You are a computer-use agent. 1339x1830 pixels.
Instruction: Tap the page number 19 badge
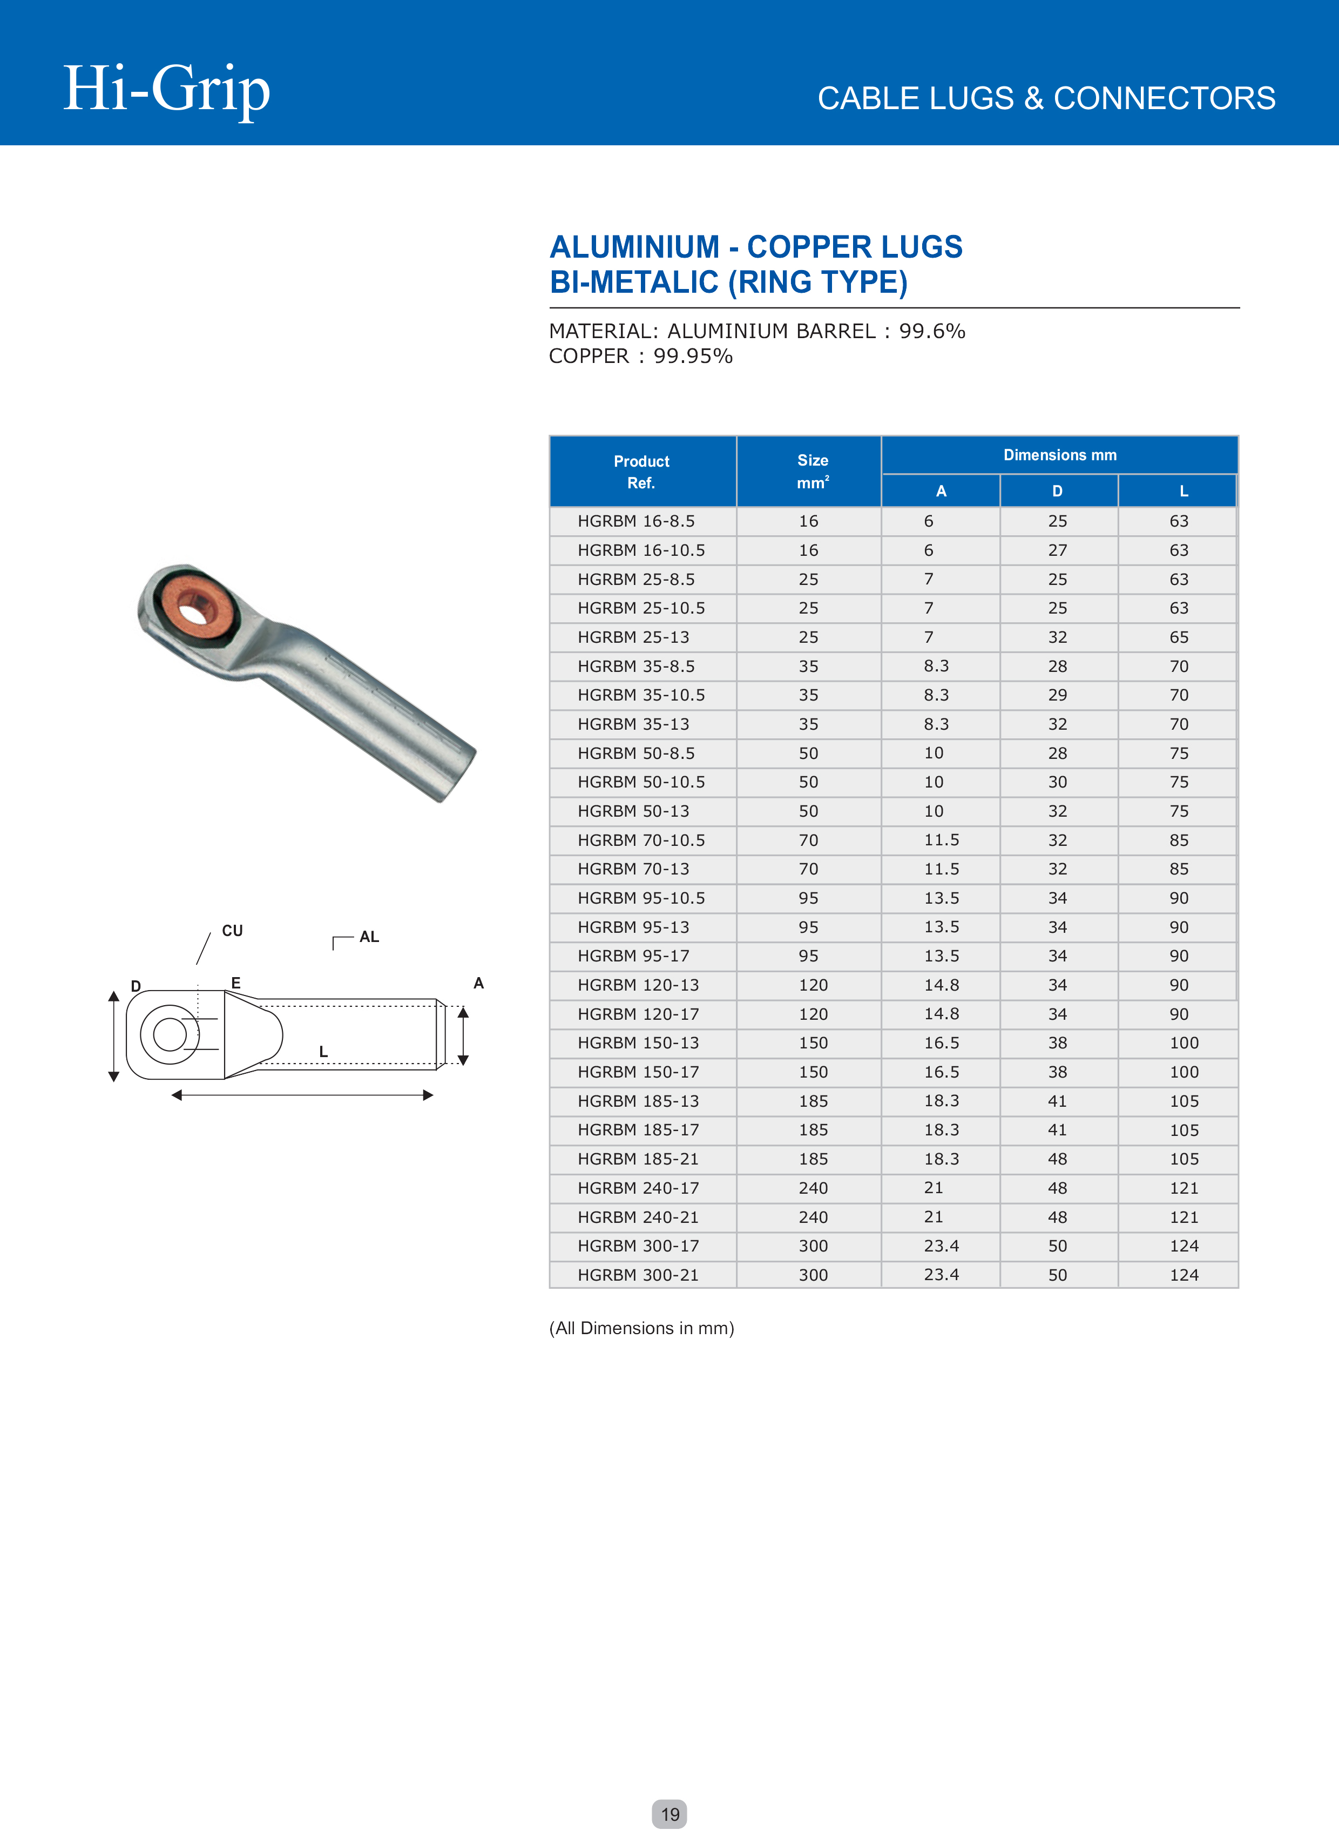[x=669, y=1814]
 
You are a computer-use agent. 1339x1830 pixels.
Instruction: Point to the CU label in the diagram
[x=233, y=931]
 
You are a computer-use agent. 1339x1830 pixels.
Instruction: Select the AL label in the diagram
[x=369, y=937]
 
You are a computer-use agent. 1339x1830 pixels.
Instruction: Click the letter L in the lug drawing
[x=323, y=1052]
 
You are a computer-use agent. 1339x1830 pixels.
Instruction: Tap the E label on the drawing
[x=236, y=983]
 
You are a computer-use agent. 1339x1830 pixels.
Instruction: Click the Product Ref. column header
[x=642, y=472]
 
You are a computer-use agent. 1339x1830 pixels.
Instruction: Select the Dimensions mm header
[x=1059, y=455]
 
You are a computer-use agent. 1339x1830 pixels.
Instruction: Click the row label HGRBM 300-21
[x=638, y=1275]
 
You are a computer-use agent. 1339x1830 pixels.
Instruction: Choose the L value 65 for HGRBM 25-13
[x=1179, y=637]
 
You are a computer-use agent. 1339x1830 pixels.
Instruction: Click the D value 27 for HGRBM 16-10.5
[x=1057, y=550]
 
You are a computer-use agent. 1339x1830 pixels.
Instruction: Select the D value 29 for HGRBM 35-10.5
[x=1057, y=695]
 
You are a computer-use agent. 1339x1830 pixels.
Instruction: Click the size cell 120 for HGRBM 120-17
[x=813, y=1014]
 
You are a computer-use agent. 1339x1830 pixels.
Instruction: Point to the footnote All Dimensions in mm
[x=641, y=1328]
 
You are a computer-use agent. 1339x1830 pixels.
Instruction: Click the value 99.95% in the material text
[x=693, y=356]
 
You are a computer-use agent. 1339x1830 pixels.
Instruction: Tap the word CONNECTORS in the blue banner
[x=1164, y=99]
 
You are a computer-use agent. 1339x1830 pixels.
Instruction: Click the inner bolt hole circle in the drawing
[x=170, y=1034]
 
